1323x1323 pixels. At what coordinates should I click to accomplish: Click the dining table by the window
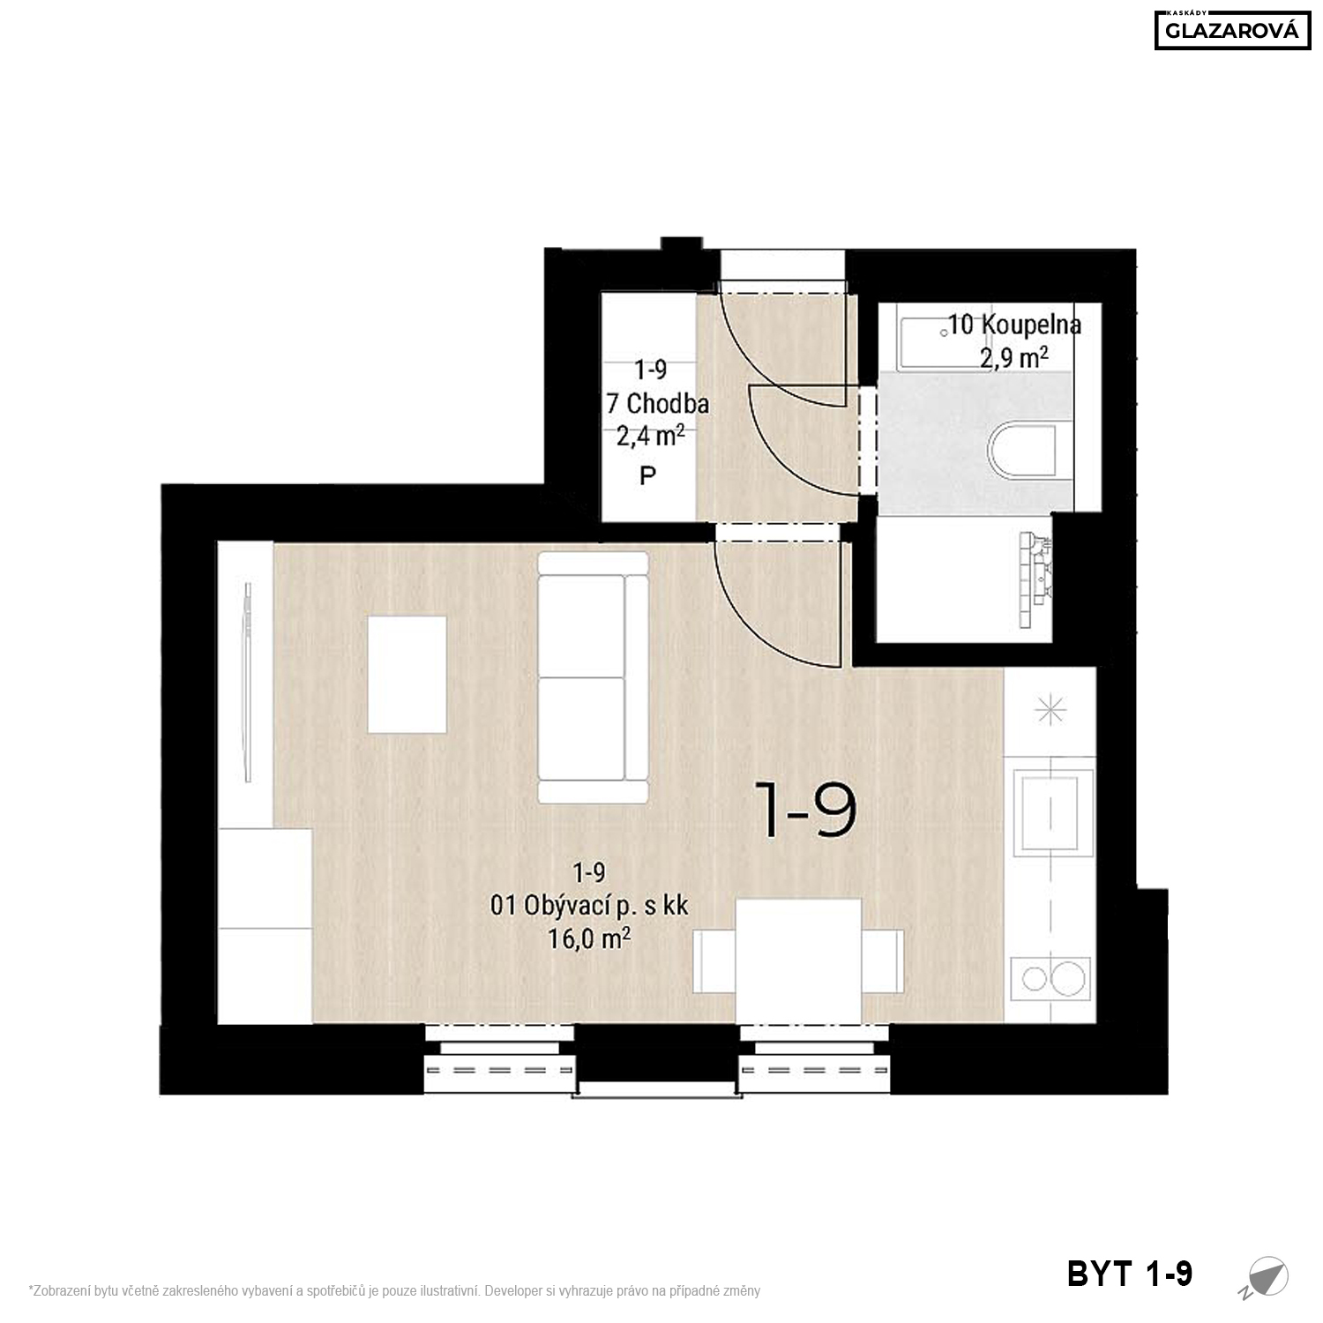799,960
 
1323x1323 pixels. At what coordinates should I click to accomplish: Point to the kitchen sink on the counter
1054,812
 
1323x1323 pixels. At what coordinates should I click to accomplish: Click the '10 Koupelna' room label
1014,325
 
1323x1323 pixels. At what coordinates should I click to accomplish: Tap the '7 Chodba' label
658,404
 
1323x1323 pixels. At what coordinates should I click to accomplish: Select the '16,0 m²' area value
589,938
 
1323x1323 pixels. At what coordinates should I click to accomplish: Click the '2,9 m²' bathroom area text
1014,356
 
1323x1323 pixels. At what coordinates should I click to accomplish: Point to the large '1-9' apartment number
805,811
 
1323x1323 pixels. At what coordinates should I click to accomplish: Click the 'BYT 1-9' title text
1130,1274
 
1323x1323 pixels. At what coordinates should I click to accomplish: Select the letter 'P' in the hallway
648,476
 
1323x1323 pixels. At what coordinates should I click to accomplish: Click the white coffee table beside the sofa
407,675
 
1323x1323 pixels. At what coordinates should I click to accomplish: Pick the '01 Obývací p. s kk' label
589,906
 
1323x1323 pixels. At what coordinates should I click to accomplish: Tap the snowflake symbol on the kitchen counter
1050,709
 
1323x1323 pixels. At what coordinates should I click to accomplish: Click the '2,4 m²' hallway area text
651,436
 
